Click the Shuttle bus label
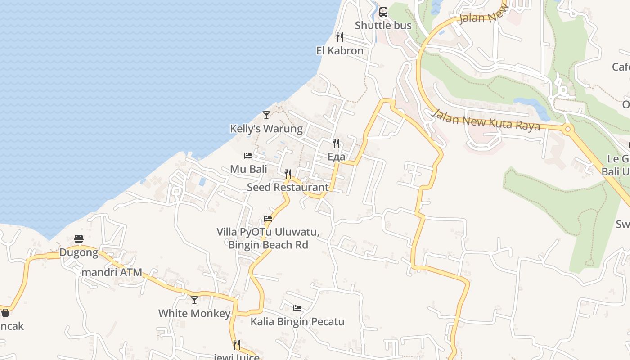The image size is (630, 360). (x=383, y=26)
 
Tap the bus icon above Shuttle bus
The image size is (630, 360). (x=383, y=12)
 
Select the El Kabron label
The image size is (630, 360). (x=340, y=51)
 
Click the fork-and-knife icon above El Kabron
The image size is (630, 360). (x=340, y=37)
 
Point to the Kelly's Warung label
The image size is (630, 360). (x=266, y=129)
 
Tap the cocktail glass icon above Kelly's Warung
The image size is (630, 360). (x=266, y=115)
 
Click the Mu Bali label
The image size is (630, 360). (x=248, y=169)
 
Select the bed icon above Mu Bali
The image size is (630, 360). (x=248, y=156)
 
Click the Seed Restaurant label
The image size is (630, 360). (x=288, y=187)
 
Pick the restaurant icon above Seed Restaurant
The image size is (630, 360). (x=288, y=174)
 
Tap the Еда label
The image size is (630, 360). (x=336, y=157)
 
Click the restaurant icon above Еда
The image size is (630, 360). (x=336, y=144)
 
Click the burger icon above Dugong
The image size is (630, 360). (x=79, y=239)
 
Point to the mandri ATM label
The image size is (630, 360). (x=112, y=272)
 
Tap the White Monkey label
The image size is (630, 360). (x=194, y=313)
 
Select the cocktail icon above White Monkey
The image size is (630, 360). (x=194, y=300)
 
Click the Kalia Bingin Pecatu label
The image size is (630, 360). (x=297, y=322)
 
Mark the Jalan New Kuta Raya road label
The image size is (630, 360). (x=486, y=120)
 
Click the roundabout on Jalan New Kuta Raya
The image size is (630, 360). (x=568, y=129)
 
